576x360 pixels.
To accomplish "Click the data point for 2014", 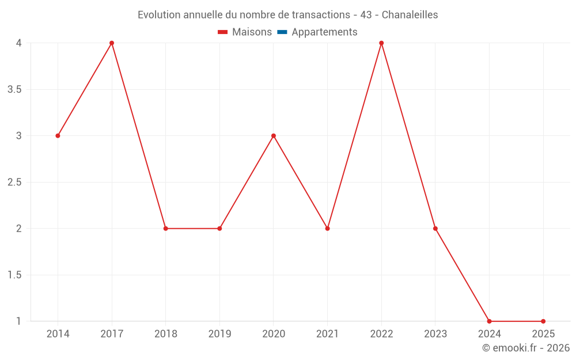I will [x=58, y=136].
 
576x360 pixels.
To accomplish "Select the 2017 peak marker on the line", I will [x=112, y=43].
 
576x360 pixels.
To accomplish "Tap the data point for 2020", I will [x=274, y=136].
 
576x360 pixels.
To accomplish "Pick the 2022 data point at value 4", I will [x=381, y=43].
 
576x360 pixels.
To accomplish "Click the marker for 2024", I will [x=489, y=321].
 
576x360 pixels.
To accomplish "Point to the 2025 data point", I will [x=543, y=321].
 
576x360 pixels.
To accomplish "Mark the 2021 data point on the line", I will [x=327, y=229].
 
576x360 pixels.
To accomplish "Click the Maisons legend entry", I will [x=252, y=32].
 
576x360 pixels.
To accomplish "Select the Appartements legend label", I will [x=324, y=32].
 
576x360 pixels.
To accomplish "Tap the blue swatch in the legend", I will [x=282, y=32].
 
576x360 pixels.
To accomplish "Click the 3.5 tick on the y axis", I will [x=14, y=89].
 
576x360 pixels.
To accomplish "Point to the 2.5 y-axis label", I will [x=14, y=182].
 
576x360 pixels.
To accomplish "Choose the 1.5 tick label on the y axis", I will [x=14, y=275].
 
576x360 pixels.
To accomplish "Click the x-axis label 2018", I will [x=165, y=334].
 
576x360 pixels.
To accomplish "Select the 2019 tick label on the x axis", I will [x=219, y=334].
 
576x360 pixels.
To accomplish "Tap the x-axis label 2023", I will [x=435, y=334].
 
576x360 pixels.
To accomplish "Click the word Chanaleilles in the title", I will [x=410, y=15].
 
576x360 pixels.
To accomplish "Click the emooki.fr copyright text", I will [x=526, y=348].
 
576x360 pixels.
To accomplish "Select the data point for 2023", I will [x=435, y=229].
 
